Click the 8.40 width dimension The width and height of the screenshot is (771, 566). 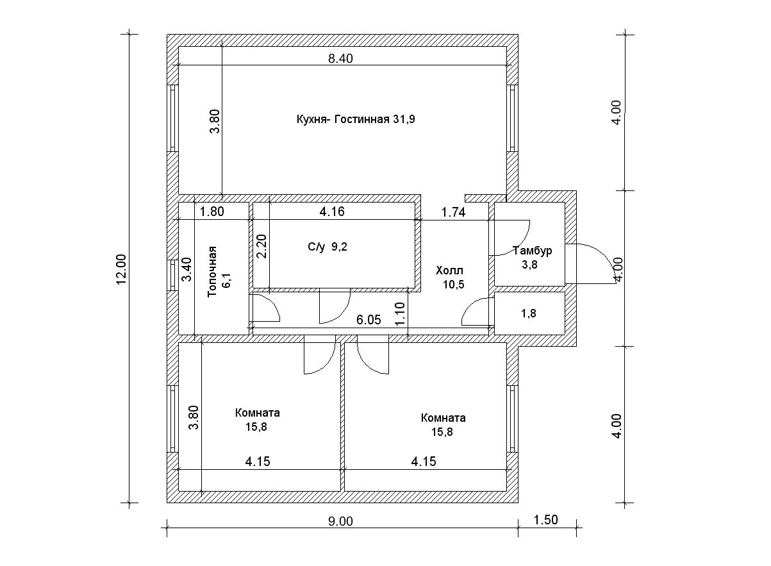click(x=340, y=58)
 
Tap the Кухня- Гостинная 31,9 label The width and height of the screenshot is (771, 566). click(x=356, y=119)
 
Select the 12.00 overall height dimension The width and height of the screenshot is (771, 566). click(x=122, y=269)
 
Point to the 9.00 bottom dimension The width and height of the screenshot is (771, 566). click(x=340, y=521)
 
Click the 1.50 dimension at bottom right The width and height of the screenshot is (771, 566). click(x=545, y=520)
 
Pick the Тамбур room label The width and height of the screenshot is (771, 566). click(x=532, y=251)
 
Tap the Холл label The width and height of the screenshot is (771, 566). click(x=449, y=270)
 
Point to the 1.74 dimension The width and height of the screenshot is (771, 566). click(x=453, y=212)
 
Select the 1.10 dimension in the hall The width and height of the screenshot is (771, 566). click(x=401, y=313)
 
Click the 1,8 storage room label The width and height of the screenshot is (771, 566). click(x=529, y=314)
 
